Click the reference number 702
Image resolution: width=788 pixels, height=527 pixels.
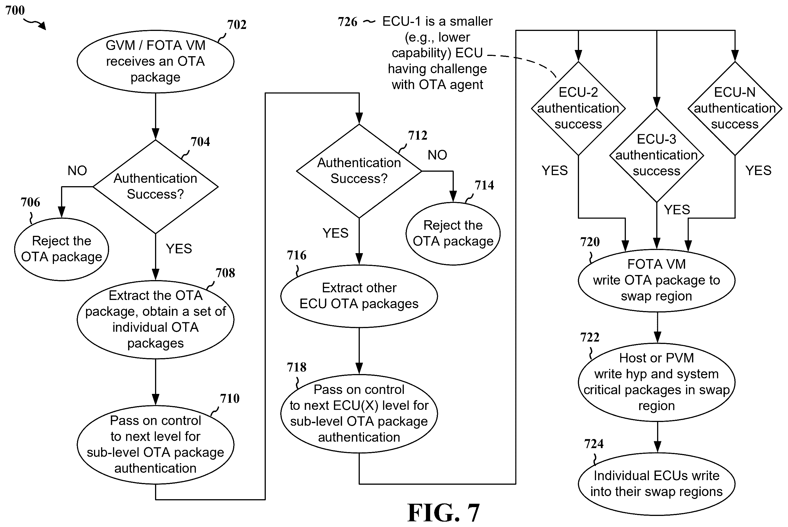pyautogui.click(x=237, y=24)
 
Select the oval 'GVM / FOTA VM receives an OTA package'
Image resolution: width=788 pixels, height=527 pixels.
pyautogui.click(x=155, y=62)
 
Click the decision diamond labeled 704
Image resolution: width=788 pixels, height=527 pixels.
pyautogui.click(x=155, y=186)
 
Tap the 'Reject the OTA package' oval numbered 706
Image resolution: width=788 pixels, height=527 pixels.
pyautogui.click(x=62, y=249)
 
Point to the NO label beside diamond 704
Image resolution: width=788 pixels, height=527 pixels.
pyautogui.click(x=77, y=171)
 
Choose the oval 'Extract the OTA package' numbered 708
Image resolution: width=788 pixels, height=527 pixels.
pyautogui.click(x=155, y=320)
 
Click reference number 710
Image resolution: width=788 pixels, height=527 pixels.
pyautogui.click(x=230, y=399)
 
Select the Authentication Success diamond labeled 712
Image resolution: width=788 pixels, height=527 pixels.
pyautogui.click(x=359, y=171)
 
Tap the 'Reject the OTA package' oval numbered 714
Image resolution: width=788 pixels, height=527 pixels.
pyautogui.click(x=453, y=234)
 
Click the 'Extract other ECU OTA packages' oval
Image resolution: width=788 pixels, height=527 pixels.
pyautogui.click(x=359, y=296)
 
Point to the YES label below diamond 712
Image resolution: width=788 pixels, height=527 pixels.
pyautogui.click(x=335, y=233)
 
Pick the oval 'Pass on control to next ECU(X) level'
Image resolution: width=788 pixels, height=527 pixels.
pyautogui.click(x=359, y=414)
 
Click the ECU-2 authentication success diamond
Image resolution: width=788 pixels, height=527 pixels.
pyautogui.click(x=578, y=108)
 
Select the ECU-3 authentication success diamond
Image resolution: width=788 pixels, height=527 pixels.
pyautogui.click(x=657, y=155)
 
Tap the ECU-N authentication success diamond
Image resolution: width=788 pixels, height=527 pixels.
pyautogui.click(x=735, y=108)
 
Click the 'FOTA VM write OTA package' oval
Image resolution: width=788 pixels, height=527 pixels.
pyautogui.click(x=657, y=281)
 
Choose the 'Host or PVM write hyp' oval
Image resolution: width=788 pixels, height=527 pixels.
pyautogui.click(x=657, y=382)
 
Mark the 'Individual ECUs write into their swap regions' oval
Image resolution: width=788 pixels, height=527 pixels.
pyautogui.click(x=657, y=484)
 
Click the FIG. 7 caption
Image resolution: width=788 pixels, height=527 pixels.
pyautogui.click(x=443, y=512)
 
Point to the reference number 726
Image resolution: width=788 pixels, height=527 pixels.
pyautogui.click(x=347, y=22)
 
